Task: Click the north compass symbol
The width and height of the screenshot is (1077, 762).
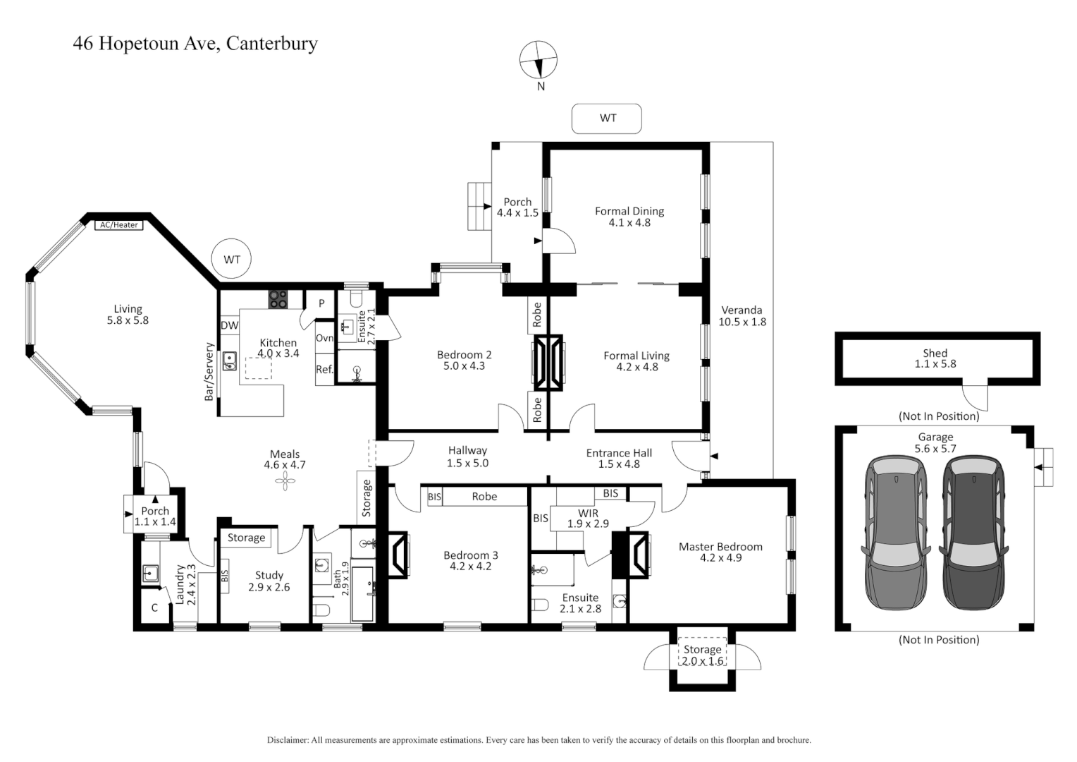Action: (538, 60)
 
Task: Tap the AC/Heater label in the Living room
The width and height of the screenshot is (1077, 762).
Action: (118, 225)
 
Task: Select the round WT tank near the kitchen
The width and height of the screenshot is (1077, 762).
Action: (232, 260)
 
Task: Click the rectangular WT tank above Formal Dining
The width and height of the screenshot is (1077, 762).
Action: (607, 119)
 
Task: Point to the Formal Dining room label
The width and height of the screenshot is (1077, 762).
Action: (629, 211)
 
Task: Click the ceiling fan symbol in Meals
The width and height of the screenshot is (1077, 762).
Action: (285, 483)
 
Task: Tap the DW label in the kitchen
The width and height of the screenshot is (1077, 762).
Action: (229, 325)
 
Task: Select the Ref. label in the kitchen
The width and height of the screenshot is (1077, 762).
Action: (324, 370)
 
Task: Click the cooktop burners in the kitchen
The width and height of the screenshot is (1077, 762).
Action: (278, 299)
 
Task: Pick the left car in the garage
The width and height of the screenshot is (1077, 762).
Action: (895, 533)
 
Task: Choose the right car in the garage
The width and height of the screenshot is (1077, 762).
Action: (973, 533)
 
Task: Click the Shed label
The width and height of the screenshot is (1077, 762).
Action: (935, 353)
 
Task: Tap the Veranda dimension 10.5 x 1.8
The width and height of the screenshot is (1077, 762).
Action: (741, 322)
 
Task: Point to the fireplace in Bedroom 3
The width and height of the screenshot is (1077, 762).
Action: (398, 554)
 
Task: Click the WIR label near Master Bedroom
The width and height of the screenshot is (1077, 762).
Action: (588, 513)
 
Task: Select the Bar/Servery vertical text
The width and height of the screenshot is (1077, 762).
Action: (209, 372)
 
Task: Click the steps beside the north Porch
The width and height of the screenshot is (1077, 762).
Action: (479, 206)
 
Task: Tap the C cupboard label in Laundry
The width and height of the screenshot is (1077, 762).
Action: (154, 607)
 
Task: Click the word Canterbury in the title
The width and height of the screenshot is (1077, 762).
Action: (271, 44)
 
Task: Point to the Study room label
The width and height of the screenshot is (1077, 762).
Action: (269, 575)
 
